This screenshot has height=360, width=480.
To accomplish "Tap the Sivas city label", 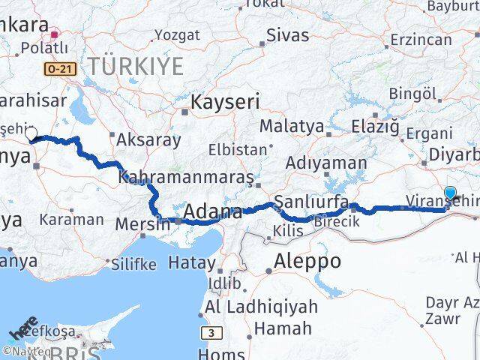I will (x=288, y=34).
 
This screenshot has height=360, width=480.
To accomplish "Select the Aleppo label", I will (x=307, y=262).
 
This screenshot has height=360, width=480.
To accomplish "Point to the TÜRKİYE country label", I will (x=135, y=66).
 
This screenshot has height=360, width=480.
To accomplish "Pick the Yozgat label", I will (x=178, y=35).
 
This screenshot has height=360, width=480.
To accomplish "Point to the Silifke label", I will (x=133, y=264).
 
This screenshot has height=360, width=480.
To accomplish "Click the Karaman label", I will (x=71, y=220).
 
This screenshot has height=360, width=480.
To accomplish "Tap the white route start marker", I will (x=31, y=134).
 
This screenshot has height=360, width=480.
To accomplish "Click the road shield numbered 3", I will (x=211, y=331).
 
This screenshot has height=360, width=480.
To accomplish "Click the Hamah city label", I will (x=283, y=328).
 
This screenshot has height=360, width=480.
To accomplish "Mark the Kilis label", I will (x=289, y=231).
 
